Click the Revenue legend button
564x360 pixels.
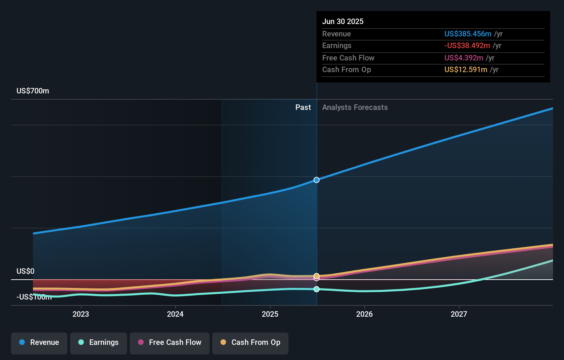point(39,342)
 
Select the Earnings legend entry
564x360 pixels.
point(99,342)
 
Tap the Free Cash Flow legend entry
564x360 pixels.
point(170,342)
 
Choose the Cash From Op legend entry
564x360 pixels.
point(250,342)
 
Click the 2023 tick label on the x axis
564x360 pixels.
point(81,314)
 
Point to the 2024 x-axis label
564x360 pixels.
point(175,314)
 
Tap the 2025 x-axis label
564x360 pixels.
point(270,314)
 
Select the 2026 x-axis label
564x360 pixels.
point(364,314)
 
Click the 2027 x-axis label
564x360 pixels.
point(459,314)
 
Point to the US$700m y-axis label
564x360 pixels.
point(33,91)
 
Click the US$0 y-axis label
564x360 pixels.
point(25,271)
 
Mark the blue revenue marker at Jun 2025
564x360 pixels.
point(316,180)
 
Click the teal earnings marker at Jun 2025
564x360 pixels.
point(316,289)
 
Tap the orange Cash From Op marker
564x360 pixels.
point(316,275)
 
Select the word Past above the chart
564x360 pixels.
point(303,108)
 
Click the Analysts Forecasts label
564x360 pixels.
point(355,108)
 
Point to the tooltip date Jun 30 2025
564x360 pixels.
point(342,22)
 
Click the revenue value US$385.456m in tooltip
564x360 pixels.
point(467,34)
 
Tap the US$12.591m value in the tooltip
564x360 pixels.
point(465,70)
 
